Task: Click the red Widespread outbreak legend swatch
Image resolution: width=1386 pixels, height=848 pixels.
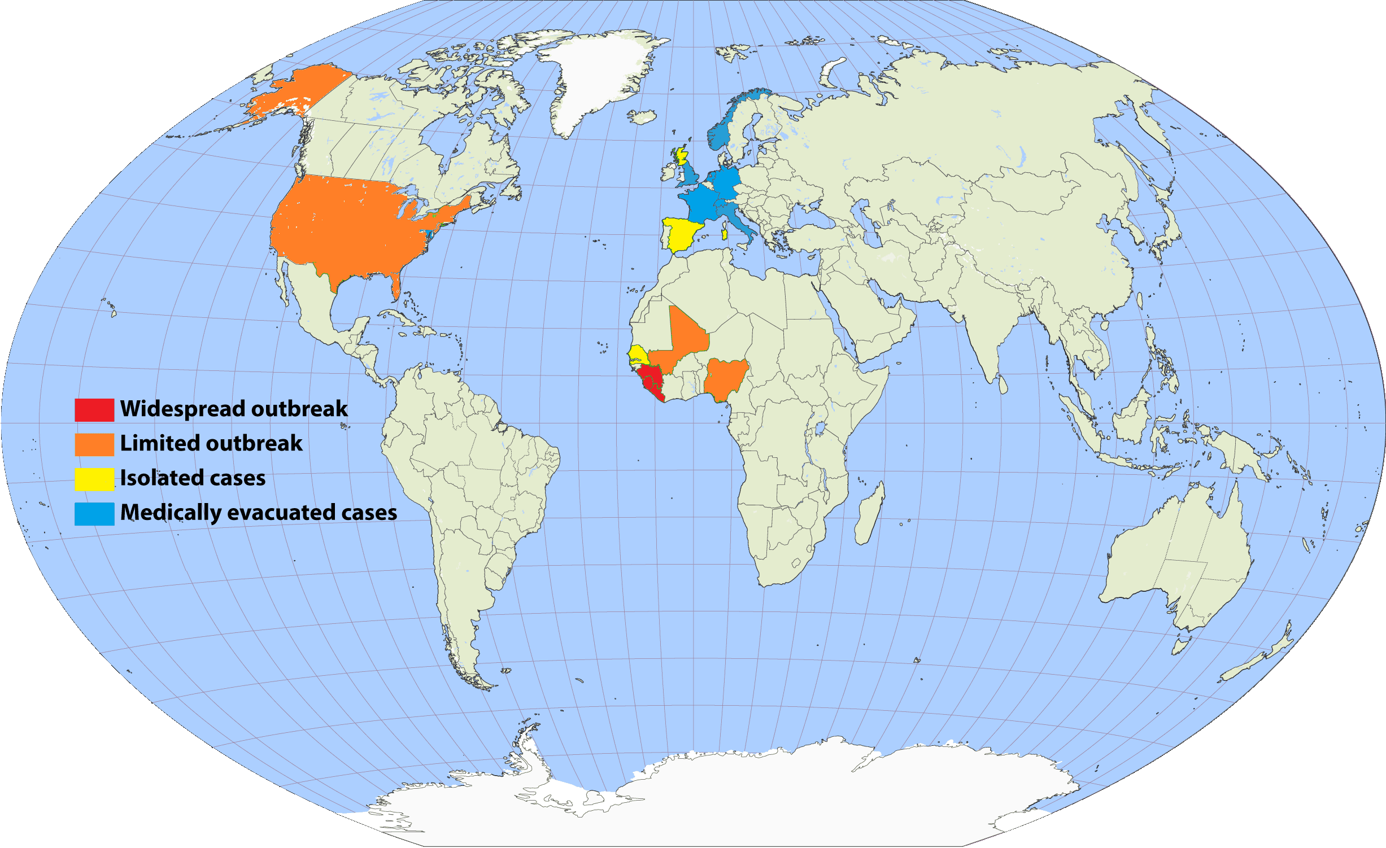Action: [94, 410]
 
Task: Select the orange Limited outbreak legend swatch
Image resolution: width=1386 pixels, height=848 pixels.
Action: [94, 444]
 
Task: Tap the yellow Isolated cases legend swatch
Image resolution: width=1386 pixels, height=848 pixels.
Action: [94, 479]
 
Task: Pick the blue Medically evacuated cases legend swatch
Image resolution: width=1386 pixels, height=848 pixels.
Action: [94, 514]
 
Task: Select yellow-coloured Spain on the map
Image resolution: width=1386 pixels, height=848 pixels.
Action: [682, 234]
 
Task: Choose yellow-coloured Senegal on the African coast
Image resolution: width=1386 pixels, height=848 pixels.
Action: [638, 354]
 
